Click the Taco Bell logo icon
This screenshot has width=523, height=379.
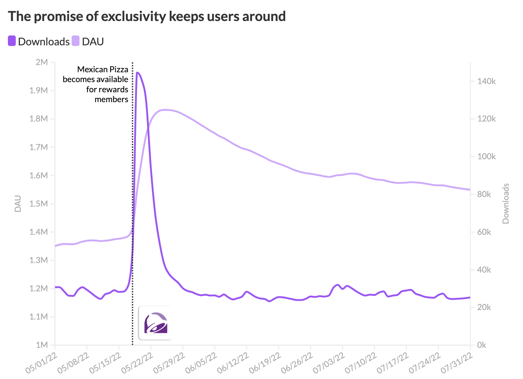(x=155, y=323)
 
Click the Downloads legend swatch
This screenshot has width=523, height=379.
(x=12, y=41)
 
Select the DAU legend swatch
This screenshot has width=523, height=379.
(x=76, y=41)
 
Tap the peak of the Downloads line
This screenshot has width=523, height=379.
(x=137, y=73)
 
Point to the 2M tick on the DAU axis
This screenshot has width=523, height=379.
(x=42, y=62)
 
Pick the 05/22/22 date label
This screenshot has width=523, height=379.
(x=138, y=363)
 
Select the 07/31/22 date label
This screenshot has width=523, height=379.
(x=457, y=363)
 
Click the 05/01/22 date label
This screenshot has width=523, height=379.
(x=42, y=363)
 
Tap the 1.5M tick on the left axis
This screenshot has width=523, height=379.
(x=39, y=204)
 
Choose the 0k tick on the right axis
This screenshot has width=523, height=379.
(x=482, y=345)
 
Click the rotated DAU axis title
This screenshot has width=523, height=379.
(x=18, y=204)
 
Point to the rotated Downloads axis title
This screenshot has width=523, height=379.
(x=506, y=204)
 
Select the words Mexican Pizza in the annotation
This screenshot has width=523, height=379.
(x=102, y=69)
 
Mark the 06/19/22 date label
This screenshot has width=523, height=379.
(x=265, y=363)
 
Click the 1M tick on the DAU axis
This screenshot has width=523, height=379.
(x=42, y=345)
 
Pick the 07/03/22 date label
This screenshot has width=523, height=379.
(x=329, y=363)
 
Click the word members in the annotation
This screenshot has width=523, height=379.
(x=111, y=99)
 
